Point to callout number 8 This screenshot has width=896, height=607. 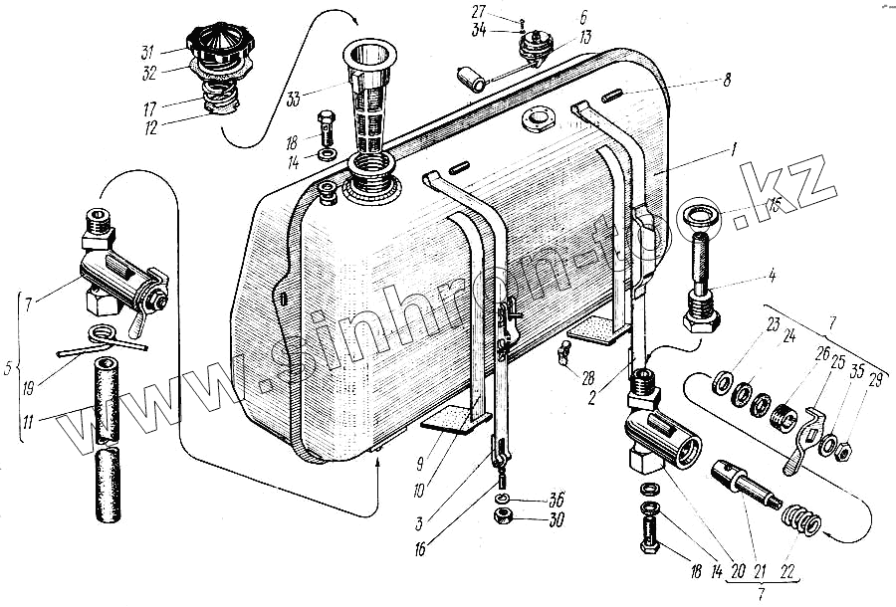click(x=728, y=82)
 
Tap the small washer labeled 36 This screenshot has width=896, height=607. click(x=504, y=498)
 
